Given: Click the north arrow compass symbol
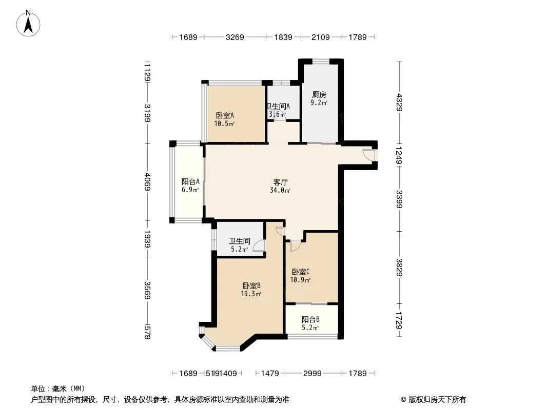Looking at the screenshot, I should pyautogui.click(x=29, y=23).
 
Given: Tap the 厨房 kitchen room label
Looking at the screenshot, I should pyautogui.click(x=319, y=98).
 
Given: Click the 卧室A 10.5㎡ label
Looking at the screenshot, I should pyautogui.click(x=225, y=119).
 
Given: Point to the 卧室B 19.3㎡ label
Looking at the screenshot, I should pyautogui.click(x=252, y=290).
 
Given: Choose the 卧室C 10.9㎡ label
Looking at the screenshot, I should pyautogui.click(x=301, y=276).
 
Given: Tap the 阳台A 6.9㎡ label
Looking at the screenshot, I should pyautogui.click(x=190, y=186).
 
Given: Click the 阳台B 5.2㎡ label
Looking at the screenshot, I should pyautogui.click(x=310, y=323).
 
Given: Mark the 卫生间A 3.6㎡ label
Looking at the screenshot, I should pyautogui.click(x=278, y=110).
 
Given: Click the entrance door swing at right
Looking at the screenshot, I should pyautogui.click(x=368, y=154).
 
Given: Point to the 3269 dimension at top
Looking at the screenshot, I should pyautogui.click(x=235, y=37).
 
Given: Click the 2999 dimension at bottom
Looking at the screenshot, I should pyautogui.click(x=312, y=373).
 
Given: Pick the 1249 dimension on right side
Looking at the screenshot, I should pyautogui.click(x=399, y=154).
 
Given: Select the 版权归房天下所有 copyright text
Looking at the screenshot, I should pyautogui.click(x=433, y=399).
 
